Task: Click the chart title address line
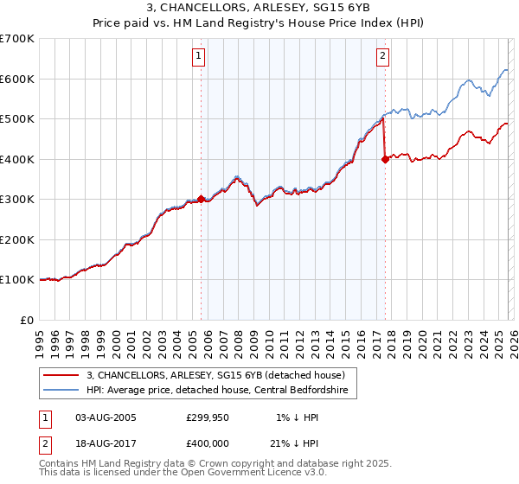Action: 259,8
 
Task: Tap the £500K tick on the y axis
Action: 17,118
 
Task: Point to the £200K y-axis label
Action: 17,239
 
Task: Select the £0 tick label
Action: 27,320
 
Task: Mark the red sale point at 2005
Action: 201,199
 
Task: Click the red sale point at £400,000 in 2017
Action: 385,159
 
